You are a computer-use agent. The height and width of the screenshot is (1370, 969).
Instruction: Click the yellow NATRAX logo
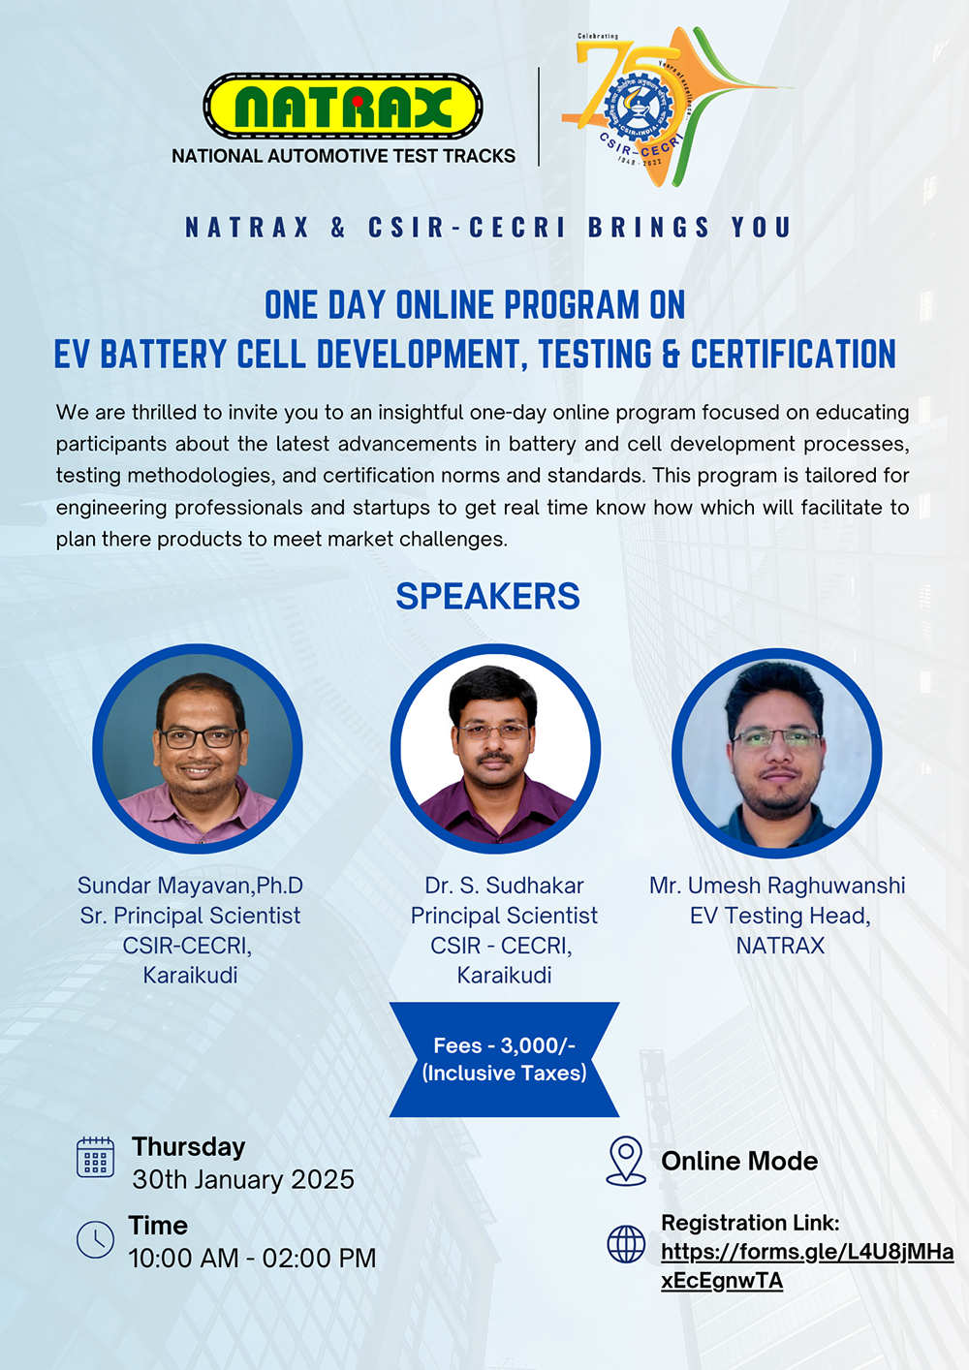[x=343, y=107]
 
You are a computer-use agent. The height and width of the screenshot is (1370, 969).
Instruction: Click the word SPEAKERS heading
[x=487, y=596]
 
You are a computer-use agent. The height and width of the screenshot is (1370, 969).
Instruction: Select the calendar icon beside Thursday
[x=95, y=1157]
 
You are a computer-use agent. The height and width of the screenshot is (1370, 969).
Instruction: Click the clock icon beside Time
[x=95, y=1240]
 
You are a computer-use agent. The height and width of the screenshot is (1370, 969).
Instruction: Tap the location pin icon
[x=626, y=1161]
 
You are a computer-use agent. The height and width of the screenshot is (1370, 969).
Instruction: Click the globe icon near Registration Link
[x=626, y=1244]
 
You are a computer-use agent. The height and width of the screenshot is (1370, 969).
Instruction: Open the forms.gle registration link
[x=807, y=1266]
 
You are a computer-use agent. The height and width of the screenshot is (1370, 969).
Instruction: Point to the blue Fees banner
[x=504, y=1059]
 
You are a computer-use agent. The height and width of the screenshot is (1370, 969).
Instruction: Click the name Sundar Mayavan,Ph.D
[x=190, y=885]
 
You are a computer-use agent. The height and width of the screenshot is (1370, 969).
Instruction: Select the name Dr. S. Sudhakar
[x=504, y=885]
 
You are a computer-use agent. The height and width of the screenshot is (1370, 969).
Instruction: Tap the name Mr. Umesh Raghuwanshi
[x=777, y=885]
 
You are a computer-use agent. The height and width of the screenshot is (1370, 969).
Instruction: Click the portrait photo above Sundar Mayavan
[x=198, y=749]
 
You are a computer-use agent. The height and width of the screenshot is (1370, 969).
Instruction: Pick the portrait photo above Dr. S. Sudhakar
[x=495, y=749]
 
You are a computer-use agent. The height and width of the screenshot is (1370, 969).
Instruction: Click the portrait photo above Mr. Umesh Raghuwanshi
[x=777, y=753]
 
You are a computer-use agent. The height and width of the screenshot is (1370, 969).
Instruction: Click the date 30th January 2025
[x=243, y=1180]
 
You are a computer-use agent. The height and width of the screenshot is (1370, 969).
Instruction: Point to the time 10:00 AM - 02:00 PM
[x=252, y=1258]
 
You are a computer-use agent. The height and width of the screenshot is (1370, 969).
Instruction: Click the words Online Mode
[x=739, y=1161]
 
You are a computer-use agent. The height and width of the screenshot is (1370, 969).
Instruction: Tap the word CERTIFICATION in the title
[x=794, y=354]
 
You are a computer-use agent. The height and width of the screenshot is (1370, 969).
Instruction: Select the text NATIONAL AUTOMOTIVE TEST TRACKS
[x=343, y=156]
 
